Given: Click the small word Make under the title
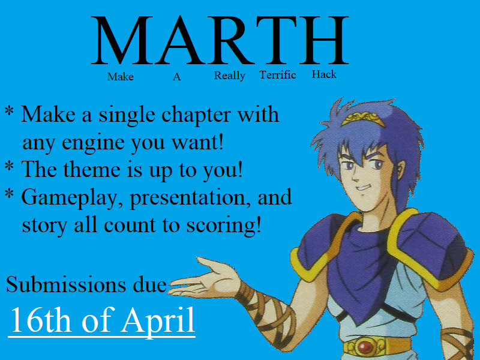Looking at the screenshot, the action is coord(121,77).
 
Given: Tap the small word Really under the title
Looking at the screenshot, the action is coord(230,76).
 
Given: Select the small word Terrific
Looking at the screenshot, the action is coord(278,74).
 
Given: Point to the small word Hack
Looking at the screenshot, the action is coord(324,74).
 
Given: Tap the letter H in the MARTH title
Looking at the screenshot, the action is coord(323,40).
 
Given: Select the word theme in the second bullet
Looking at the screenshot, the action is coord(92,169).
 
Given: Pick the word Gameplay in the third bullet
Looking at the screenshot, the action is coord(69,198).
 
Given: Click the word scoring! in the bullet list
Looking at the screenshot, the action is coord(224,226).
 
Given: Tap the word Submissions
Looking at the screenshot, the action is coord(66,284).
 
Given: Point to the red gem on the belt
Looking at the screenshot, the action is coord(365,347).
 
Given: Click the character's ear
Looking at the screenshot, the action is coord(400,169).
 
